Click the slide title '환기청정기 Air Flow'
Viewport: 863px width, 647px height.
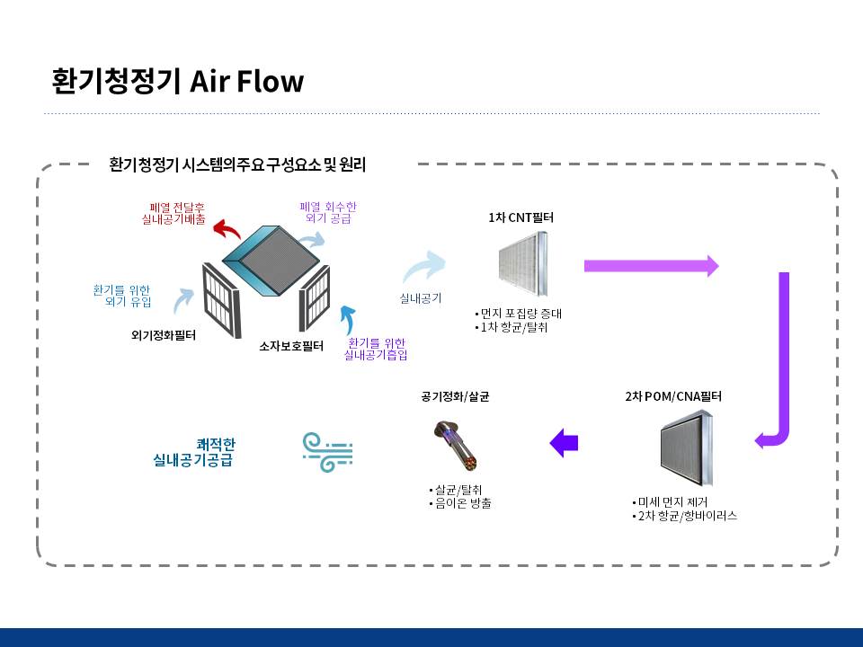178,82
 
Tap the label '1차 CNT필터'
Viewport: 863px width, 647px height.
520,217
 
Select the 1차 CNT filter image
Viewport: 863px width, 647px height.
522,263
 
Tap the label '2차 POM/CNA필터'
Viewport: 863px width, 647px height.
673,395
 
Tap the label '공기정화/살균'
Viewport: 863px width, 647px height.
455,395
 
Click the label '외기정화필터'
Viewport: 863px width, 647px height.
163,336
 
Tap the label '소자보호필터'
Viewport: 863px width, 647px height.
290,346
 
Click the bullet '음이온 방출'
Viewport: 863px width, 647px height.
460,503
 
